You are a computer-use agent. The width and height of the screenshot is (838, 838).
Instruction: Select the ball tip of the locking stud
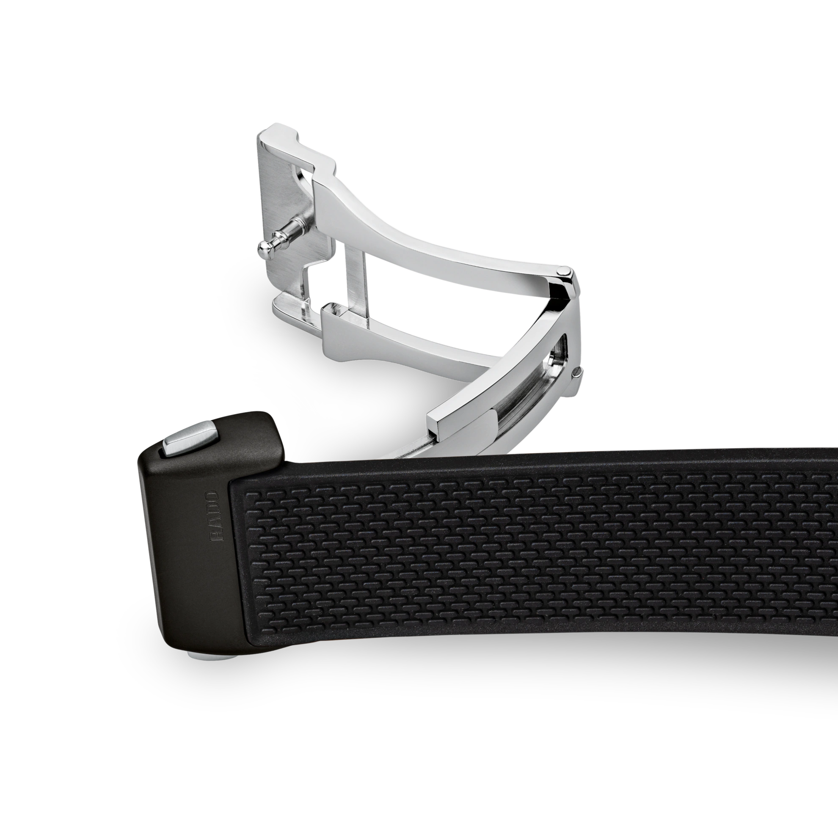tap(265, 248)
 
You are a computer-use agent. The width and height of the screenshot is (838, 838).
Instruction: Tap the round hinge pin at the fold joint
tap(564, 270)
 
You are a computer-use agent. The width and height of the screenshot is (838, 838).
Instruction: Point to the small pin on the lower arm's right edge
tap(577, 360)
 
